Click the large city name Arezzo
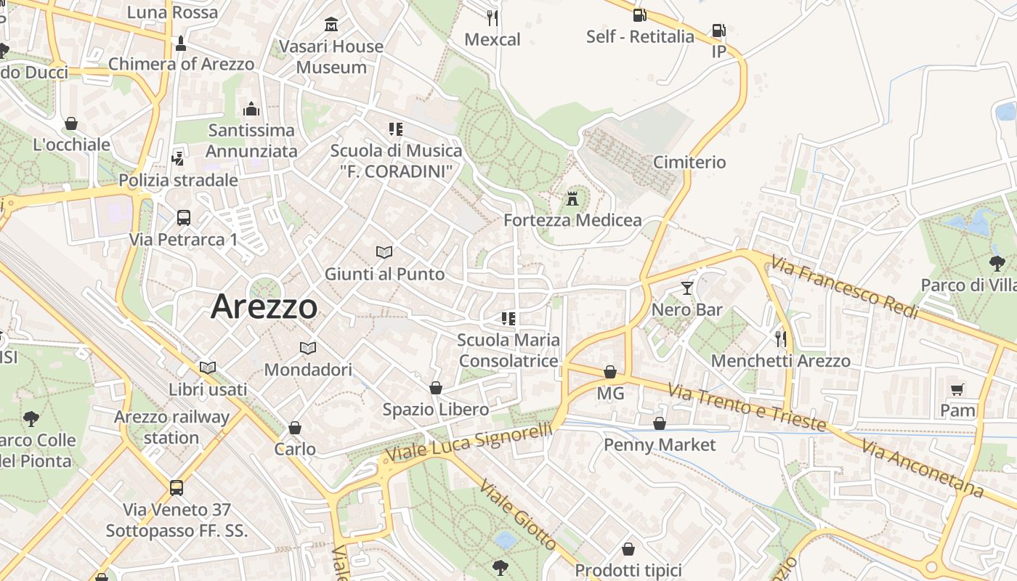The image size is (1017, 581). pyautogui.click(x=264, y=307)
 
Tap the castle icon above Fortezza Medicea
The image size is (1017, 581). pyautogui.click(x=572, y=198)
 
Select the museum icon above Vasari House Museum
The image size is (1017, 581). pyautogui.click(x=331, y=25)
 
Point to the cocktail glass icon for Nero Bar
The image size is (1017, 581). pyautogui.click(x=686, y=288)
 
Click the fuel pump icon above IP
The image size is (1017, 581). pyautogui.click(x=718, y=31)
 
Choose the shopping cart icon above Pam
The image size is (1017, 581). pyautogui.click(x=957, y=390)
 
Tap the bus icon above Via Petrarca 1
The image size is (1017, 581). pyautogui.click(x=184, y=217)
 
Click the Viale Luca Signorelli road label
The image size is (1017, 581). pyautogui.click(x=469, y=443)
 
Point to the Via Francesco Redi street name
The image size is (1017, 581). pyautogui.click(x=845, y=288)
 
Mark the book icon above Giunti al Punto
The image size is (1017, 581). pyautogui.click(x=384, y=252)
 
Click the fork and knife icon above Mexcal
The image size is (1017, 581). pyautogui.click(x=493, y=17)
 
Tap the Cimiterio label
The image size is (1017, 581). pyautogui.click(x=689, y=162)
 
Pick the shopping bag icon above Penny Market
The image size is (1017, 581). pyautogui.click(x=660, y=423)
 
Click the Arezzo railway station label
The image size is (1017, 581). pyautogui.click(x=171, y=427)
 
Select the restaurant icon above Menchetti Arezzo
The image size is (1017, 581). pyautogui.click(x=780, y=338)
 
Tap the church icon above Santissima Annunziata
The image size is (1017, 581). pyautogui.click(x=251, y=109)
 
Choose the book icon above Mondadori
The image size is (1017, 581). pyautogui.click(x=308, y=348)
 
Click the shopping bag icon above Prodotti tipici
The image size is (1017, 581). pyautogui.click(x=628, y=549)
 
